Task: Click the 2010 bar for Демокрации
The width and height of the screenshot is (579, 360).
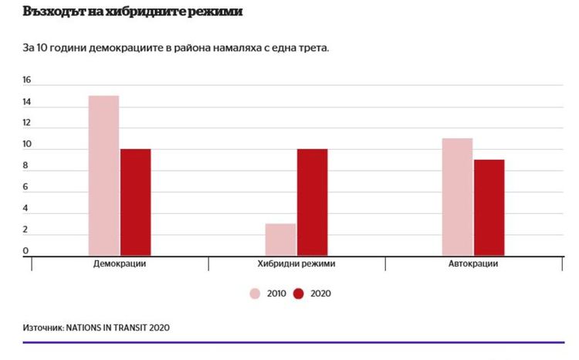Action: pyautogui.click(x=103, y=175)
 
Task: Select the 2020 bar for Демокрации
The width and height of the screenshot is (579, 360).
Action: pyautogui.click(x=135, y=202)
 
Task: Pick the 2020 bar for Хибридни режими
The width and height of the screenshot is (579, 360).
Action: pyautogui.click(x=312, y=202)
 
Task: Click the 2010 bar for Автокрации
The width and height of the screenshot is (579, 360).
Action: pyautogui.click(x=457, y=196)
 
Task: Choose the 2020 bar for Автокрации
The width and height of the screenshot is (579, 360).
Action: pyautogui.click(x=489, y=207)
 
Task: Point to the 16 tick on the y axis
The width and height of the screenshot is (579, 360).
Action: pyautogui.click(x=26, y=80)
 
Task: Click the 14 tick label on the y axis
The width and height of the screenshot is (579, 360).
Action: pyautogui.click(x=26, y=102)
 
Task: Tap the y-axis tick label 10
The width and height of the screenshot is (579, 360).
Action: pyautogui.click(x=26, y=144)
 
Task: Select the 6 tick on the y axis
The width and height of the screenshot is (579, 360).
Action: pyautogui.click(x=26, y=187)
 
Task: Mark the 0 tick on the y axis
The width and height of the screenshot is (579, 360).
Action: pyautogui.click(x=26, y=251)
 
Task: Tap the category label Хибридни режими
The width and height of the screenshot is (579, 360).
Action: pyautogui.click(x=296, y=264)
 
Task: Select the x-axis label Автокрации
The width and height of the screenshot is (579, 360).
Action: pyautogui.click(x=472, y=264)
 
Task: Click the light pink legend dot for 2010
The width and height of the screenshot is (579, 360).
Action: pyautogui.click(x=255, y=294)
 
